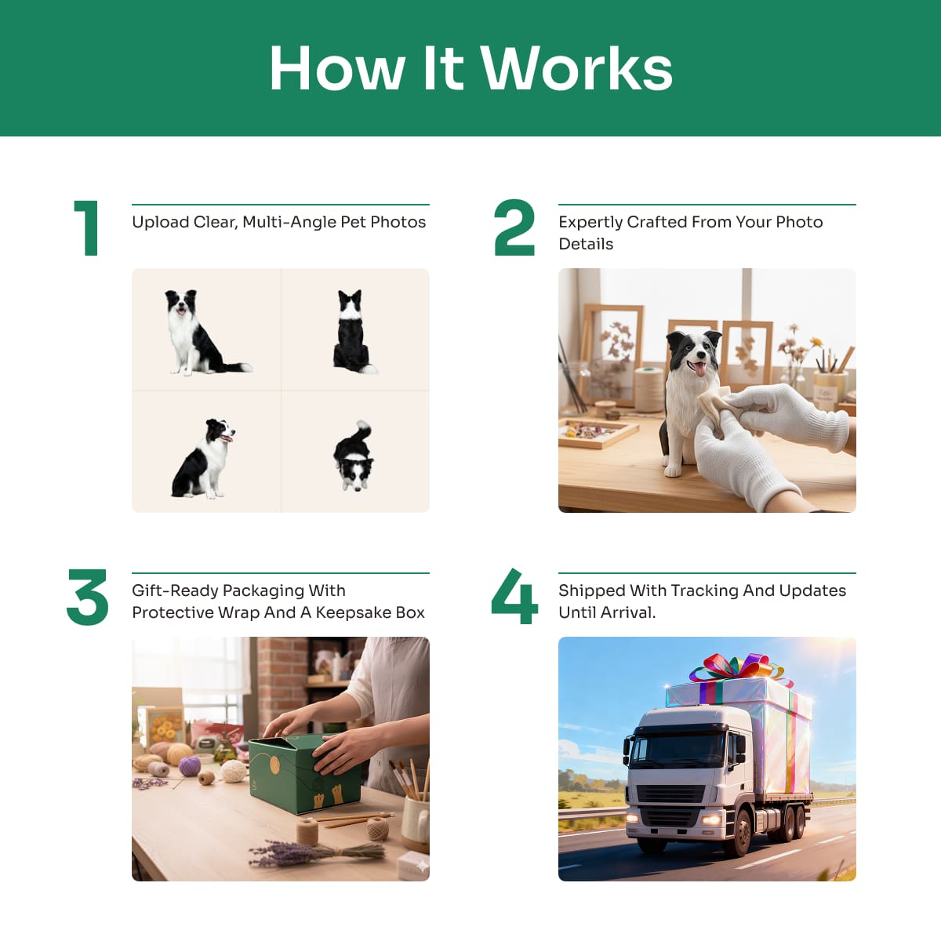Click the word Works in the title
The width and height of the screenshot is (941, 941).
point(577,68)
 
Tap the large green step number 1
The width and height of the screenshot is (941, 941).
point(87,227)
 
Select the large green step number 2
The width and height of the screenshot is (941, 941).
point(514,227)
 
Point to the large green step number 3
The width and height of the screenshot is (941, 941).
point(87,597)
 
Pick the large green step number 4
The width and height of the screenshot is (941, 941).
point(514,596)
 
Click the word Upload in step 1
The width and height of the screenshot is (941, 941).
point(161,222)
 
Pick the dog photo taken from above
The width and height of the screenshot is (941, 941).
point(354,456)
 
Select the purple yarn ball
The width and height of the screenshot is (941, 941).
point(190,765)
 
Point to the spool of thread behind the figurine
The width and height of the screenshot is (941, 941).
point(649,389)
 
